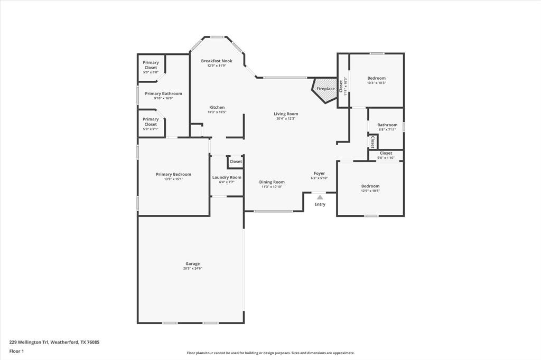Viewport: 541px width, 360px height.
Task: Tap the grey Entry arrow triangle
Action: tap(320, 197)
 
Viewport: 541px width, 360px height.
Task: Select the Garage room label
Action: tap(192, 264)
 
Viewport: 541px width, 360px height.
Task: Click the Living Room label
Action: tap(286, 114)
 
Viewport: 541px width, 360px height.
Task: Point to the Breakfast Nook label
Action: tap(217, 61)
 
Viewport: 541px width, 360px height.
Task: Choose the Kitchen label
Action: tap(217, 107)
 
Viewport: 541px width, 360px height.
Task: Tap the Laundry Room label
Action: tap(227, 177)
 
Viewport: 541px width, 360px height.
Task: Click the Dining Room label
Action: tap(272, 182)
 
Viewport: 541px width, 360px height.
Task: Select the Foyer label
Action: tap(319, 174)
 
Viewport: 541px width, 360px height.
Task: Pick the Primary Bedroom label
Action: tap(173, 174)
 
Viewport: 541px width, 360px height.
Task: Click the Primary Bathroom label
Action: tap(164, 93)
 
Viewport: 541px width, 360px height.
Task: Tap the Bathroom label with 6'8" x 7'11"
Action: tap(387, 125)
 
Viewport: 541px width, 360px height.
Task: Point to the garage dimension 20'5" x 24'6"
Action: tap(192, 268)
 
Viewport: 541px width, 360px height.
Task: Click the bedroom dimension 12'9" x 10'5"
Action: tap(370, 191)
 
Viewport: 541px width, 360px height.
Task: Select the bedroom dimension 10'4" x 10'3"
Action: tap(376, 83)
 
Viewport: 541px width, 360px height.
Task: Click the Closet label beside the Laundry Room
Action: tap(236, 162)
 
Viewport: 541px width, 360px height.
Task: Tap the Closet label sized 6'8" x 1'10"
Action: tap(386, 153)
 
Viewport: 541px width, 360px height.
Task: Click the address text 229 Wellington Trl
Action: tap(29, 342)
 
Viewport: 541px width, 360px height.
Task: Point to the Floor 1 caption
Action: tap(16, 352)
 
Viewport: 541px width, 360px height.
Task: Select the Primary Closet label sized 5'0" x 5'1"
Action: tap(151, 122)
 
